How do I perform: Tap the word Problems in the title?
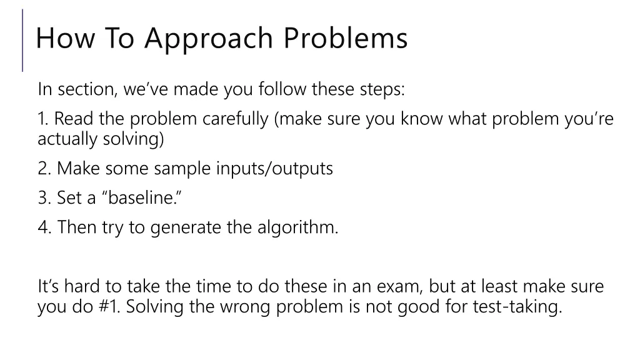(x=346, y=38)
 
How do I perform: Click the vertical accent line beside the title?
(x=23, y=40)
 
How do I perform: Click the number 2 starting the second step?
(x=42, y=169)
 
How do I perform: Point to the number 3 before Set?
(x=42, y=198)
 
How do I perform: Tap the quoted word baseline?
(x=138, y=198)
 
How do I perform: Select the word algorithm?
(x=297, y=227)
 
